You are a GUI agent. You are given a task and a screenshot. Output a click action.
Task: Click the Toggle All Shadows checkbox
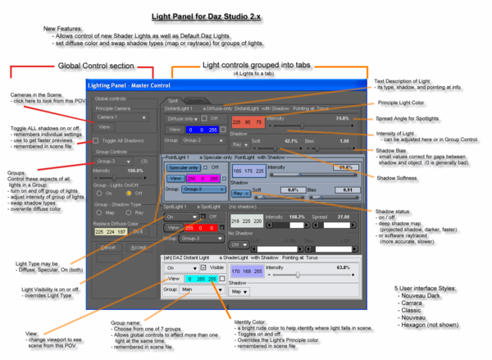97,141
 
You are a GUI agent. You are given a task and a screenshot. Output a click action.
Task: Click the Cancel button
108,246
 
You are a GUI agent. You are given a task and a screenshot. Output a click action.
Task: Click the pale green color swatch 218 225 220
245,221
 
